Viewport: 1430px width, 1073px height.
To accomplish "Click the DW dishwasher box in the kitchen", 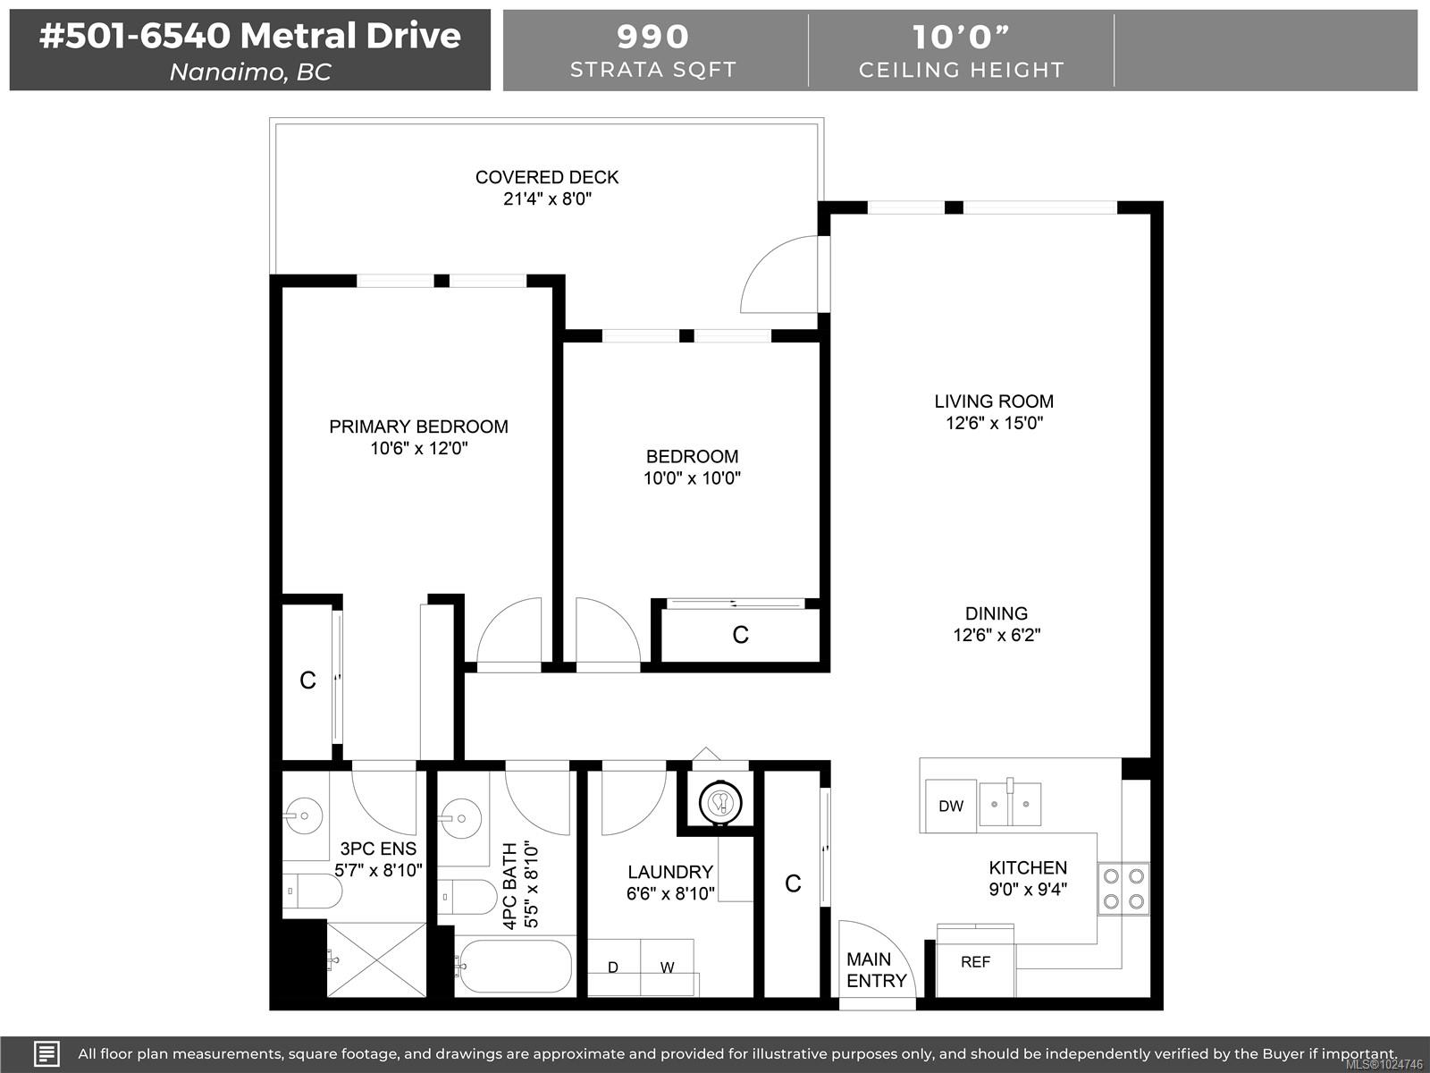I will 951,806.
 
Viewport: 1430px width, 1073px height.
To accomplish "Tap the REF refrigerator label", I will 975,962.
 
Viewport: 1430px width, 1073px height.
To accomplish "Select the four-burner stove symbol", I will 1123,889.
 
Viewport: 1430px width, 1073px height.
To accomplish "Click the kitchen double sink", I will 1010,803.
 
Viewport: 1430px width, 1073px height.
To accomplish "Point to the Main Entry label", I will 876,970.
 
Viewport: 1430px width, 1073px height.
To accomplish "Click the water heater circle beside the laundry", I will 720,802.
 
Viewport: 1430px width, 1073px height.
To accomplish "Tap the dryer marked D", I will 613,967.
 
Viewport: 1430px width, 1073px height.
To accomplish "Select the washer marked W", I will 667,967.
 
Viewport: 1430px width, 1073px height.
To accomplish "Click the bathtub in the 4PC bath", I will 514,966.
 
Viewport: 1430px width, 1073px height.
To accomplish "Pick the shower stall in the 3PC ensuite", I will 376,959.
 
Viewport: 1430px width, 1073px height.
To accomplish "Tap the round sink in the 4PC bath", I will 462,817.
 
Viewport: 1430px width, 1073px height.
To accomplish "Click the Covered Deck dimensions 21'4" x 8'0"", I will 547,199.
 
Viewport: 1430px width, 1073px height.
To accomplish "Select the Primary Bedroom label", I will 418,427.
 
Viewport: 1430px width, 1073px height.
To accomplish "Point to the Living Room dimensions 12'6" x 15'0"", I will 994,423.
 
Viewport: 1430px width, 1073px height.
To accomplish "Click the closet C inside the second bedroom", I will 740,635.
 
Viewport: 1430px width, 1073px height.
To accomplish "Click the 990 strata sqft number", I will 653,37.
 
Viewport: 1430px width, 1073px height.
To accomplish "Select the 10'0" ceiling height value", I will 961,37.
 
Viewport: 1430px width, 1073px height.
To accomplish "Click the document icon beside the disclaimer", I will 46,1053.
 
